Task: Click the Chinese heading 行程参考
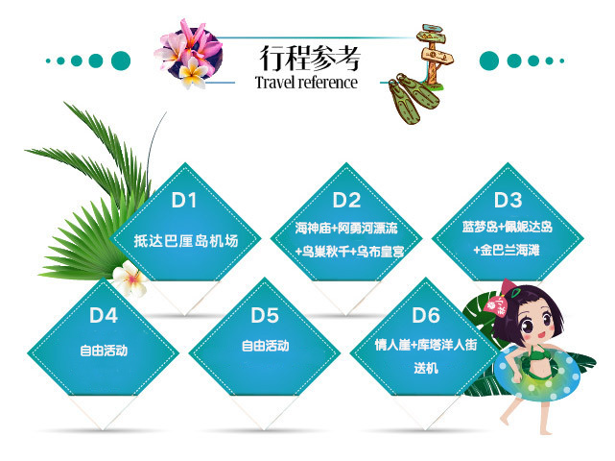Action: tap(310, 58)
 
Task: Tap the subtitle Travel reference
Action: tap(306, 83)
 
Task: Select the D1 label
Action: tap(184, 201)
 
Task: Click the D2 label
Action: tap(346, 201)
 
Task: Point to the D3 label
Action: tap(508, 201)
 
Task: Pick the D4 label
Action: tap(104, 315)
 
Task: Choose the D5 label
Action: tap(265, 315)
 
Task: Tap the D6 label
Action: tap(426, 315)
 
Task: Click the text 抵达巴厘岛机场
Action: tap(186, 241)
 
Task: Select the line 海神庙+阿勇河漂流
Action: tap(346, 228)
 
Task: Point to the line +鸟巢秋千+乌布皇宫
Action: tap(349, 252)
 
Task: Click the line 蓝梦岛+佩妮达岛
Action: tap(508, 227)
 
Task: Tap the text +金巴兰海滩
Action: tap(507, 250)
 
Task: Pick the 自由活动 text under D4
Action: tap(104, 351)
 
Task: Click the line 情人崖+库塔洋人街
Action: tap(426, 345)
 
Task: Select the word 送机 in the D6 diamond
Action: tap(426, 369)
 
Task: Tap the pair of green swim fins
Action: tap(413, 98)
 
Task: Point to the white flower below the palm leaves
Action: tap(130, 279)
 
